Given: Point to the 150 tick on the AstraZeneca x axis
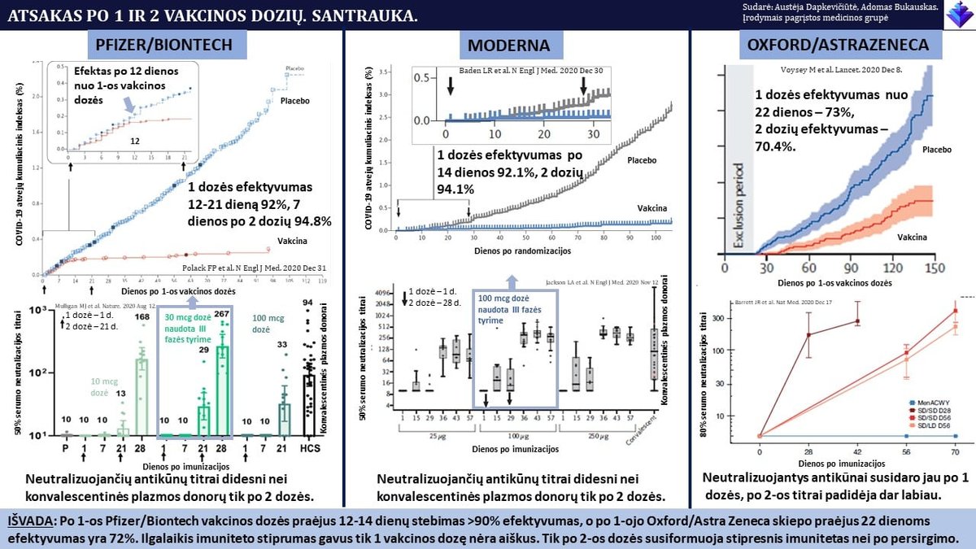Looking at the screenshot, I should tap(935, 268).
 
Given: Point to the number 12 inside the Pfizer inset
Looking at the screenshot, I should tap(135, 140).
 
